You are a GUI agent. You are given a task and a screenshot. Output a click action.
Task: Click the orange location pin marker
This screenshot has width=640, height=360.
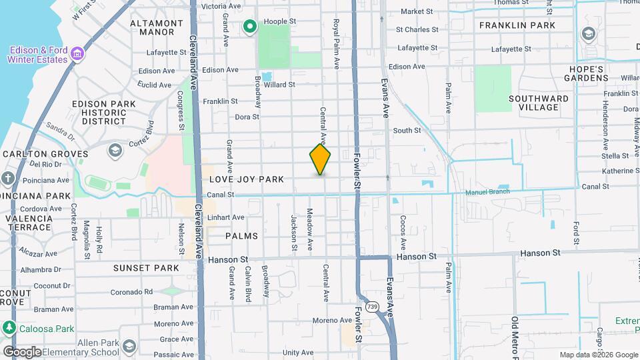[320, 159]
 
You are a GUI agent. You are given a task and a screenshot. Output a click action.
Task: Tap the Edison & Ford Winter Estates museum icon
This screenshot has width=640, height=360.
[77, 53]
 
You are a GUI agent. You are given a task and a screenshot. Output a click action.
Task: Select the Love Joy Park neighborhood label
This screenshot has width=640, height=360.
[247, 179]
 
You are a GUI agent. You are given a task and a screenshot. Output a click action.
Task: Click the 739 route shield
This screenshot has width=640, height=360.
[372, 307]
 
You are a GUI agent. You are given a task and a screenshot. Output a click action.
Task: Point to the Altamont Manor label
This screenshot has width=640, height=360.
[157, 27]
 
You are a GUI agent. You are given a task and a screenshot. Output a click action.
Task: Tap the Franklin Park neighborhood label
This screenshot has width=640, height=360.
[526, 25]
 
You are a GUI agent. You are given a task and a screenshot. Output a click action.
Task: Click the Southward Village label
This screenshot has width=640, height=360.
[538, 103]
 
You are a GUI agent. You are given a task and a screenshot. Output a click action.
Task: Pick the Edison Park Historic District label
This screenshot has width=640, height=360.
[104, 113]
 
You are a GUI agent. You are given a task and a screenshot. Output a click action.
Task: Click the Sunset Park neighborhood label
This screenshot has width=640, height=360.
[146, 268]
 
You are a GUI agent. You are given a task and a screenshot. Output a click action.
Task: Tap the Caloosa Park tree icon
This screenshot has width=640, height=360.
[9, 328]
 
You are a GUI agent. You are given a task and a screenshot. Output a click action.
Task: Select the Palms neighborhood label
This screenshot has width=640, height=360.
[241, 236]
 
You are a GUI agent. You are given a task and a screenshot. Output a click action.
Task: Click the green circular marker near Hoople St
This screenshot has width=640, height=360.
[250, 27]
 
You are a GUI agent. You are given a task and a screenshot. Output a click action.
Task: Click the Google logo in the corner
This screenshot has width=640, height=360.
[22, 352]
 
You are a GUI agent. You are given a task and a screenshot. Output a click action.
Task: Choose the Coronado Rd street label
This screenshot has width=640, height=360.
[131, 291]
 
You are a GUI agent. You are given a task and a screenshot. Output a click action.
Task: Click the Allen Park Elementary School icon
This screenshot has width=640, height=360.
[129, 346]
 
